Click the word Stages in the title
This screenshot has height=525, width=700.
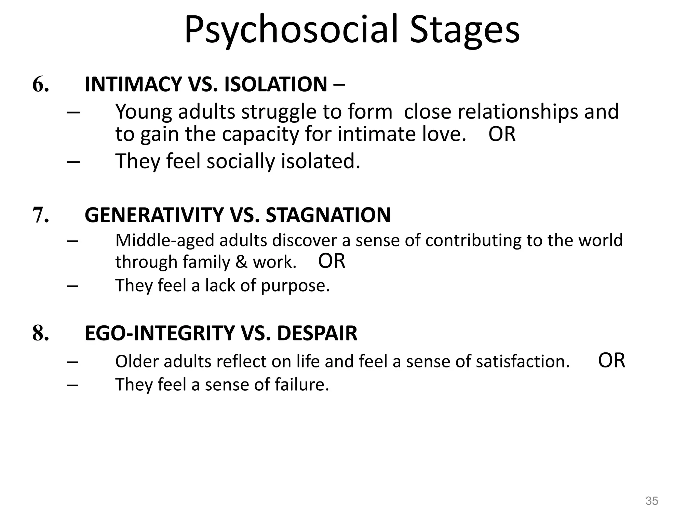click(465, 30)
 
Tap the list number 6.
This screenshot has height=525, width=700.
click(40, 84)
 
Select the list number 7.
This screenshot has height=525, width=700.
click(40, 215)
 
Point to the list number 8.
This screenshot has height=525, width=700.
click(40, 333)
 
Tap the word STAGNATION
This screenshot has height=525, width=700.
click(328, 215)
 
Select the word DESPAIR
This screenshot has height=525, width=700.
click(317, 333)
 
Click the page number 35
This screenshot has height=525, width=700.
click(651, 501)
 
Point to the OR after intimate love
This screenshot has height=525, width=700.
click(502, 134)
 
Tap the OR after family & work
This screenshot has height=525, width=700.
click(332, 261)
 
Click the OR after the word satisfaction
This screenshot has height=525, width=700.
click(611, 360)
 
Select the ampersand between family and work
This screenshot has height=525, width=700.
click(241, 262)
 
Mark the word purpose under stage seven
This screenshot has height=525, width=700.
click(295, 286)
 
